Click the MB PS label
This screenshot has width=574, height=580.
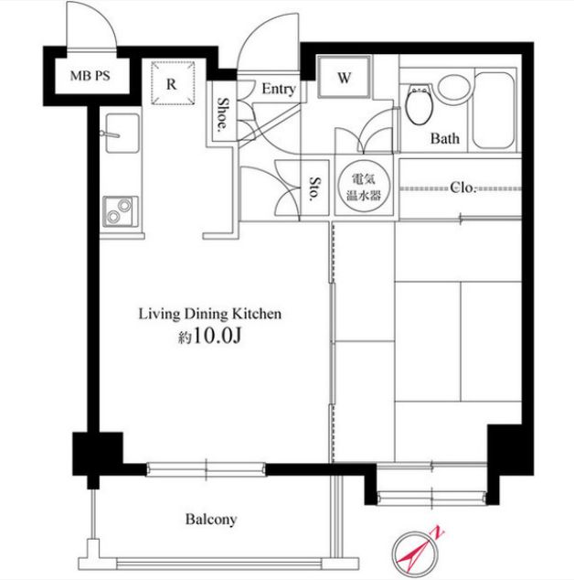(90, 76)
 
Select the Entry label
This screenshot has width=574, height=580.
(279, 89)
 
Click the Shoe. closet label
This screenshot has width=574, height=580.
(222, 114)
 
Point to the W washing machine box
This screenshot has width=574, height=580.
(344, 77)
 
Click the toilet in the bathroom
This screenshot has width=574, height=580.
(420, 106)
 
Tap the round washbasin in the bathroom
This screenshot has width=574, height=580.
(453, 87)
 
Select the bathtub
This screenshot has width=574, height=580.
(494, 110)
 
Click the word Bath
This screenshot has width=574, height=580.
(444, 139)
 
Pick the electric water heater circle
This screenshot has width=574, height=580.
(364, 188)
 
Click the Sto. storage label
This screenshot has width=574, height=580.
(314, 188)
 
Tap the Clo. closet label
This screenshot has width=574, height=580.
(462, 188)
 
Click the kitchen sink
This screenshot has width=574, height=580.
(122, 133)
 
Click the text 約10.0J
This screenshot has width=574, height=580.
(209, 336)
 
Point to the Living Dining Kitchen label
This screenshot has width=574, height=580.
(209, 314)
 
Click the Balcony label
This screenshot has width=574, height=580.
(210, 520)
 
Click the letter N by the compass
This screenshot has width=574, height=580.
(439, 532)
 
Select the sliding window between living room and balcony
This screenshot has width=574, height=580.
(206, 469)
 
